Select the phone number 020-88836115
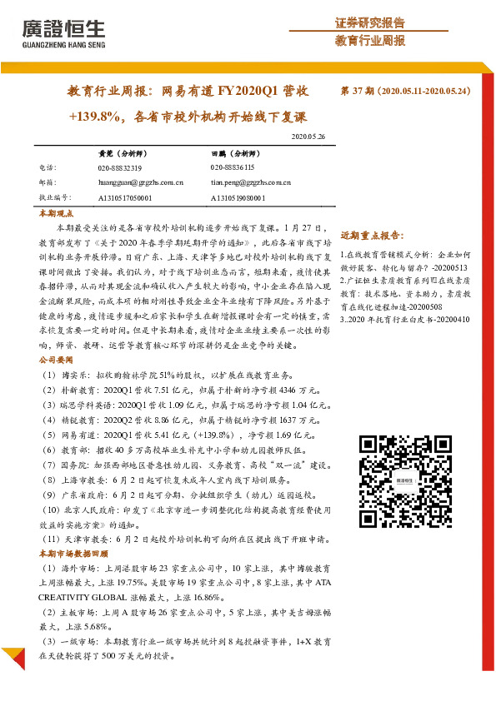tap(233, 167)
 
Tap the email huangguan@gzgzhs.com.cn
tap(141, 182)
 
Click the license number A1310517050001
tap(125, 198)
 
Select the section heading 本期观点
tap(56, 214)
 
